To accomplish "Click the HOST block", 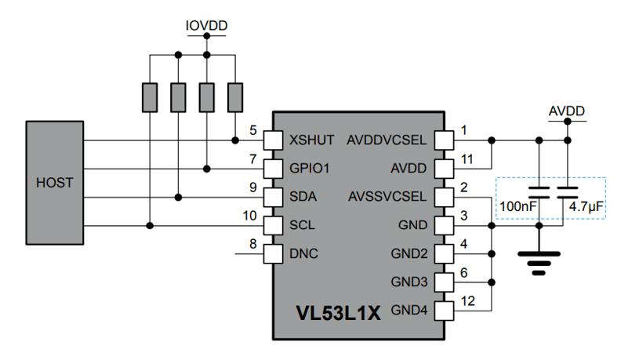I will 54,183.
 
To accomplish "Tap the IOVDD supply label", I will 206,26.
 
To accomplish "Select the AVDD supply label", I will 566,111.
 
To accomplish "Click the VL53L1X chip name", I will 338,314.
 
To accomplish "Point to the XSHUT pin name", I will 312,140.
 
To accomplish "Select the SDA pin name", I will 303,197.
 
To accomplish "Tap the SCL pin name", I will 303,226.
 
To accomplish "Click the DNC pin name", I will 303,254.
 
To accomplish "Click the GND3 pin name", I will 409,282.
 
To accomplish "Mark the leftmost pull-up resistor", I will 150,97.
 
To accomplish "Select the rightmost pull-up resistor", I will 234,97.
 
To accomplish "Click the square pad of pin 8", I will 272,254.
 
